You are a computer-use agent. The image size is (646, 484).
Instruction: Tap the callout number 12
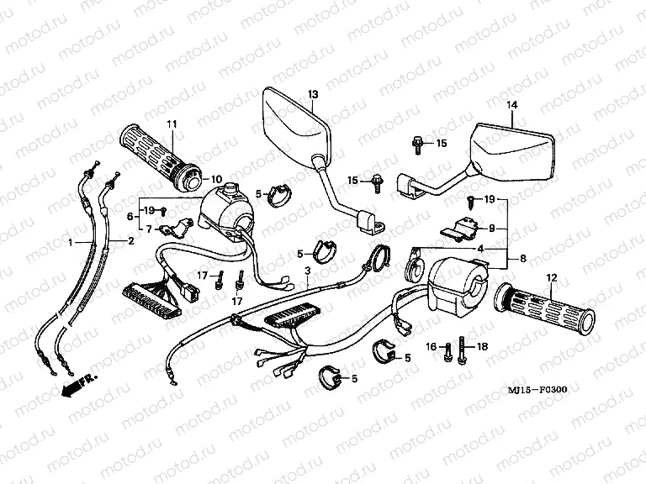(553, 277)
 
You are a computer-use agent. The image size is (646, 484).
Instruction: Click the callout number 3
(308, 271)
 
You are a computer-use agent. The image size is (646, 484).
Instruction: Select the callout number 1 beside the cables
(71, 242)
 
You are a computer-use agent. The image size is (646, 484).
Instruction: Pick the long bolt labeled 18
(462, 351)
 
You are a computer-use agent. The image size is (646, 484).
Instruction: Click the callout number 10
(216, 179)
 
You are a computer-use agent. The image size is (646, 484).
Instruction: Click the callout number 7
(149, 229)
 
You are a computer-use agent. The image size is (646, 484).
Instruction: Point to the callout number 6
(129, 216)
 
